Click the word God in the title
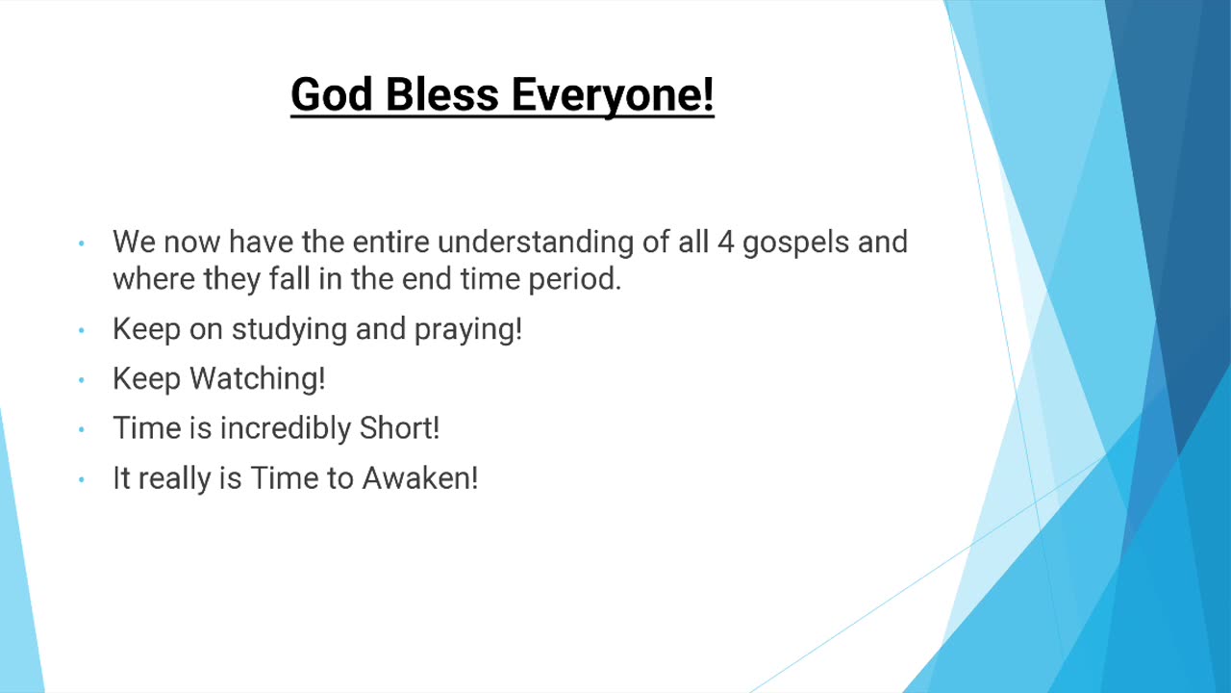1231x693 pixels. click(332, 94)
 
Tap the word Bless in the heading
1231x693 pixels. click(441, 94)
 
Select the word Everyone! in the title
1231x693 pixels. click(613, 97)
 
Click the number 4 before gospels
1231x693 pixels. click(725, 242)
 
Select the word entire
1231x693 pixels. click(390, 242)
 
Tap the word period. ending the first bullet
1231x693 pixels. click(575, 280)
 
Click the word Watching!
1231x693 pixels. click(258, 380)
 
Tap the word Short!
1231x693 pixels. click(399, 428)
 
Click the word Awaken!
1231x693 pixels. click(420, 478)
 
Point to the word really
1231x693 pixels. click(174, 479)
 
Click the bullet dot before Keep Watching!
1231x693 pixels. click(82, 380)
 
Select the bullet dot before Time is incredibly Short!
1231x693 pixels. click(82, 429)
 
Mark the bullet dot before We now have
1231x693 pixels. click(82, 244)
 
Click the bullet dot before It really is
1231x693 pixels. click(82, 479)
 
